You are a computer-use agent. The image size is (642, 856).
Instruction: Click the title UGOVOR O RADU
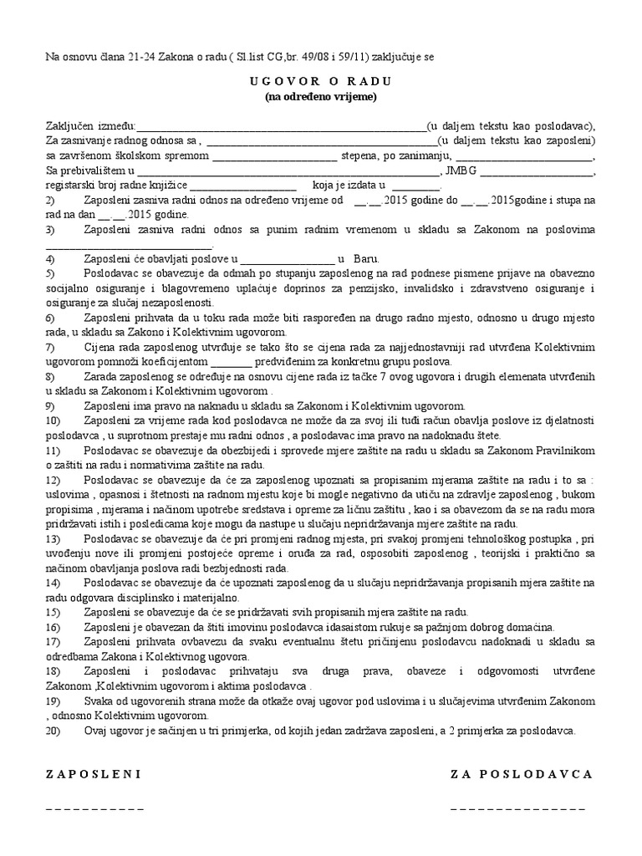coord(321,81)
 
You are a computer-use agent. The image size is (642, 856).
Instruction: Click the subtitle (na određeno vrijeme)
coord(321,96)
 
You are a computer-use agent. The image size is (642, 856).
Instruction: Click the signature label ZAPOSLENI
coord(93,774)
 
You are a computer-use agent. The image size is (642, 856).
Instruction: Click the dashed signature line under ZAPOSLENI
coord(94,809)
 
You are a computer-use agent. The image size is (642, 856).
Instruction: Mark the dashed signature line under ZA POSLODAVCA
coord(517,809)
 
